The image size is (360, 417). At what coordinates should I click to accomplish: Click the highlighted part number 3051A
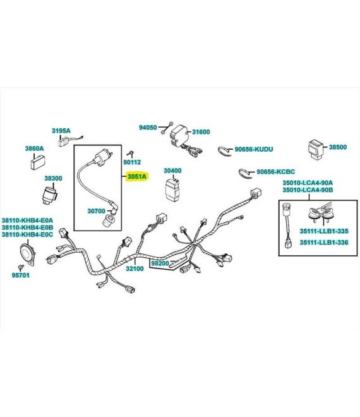coord(137,176)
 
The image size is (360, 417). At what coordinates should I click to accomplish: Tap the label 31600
coord(201,132)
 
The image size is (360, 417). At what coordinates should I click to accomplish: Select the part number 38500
coord(338,147)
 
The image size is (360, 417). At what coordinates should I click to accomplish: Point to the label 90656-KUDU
coord(254,149)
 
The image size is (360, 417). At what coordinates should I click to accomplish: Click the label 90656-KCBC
coord(275,172)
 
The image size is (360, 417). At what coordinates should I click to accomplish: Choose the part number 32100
coord(135,269)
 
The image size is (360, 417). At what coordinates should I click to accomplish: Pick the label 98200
coord(160,263)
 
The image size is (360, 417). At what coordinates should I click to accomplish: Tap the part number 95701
coord(21,275)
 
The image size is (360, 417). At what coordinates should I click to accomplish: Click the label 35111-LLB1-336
coord(324,243)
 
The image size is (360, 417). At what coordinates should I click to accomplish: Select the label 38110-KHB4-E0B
coord(27,227)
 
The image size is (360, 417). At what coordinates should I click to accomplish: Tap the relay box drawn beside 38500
coord(316,149)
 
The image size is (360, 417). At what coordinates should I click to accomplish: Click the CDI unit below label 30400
coord(172,189)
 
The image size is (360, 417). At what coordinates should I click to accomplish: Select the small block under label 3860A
coord(37,162)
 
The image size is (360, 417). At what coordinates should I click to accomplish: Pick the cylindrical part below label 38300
coord(50,195)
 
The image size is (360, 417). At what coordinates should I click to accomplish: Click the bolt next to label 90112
coord(130,154)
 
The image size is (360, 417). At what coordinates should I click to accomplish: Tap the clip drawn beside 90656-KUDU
coord(225,151)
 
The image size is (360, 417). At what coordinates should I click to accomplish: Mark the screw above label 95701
coord(20,267)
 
